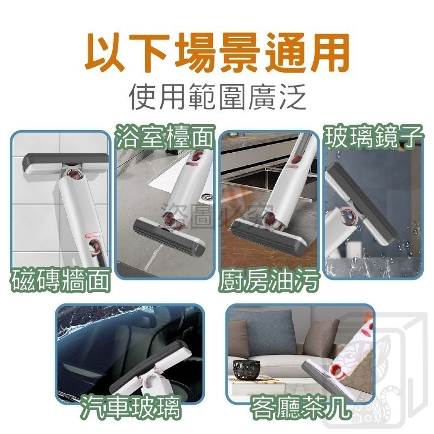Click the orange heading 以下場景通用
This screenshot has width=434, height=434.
[x=217, y=54]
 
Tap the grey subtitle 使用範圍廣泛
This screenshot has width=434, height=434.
[x=217, y=99]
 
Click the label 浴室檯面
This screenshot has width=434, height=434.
[x=166, y=139]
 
